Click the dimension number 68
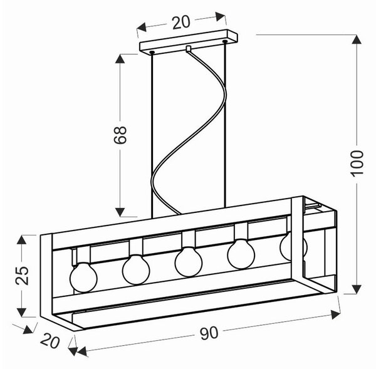(120, 135)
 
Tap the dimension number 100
(357, 164)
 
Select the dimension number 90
(209, 333)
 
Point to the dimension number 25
(22, 276)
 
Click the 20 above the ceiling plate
(181, 23)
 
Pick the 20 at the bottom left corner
(50, 341)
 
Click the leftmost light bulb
(83, 278)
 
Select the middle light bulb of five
(189, 262)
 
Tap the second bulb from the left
(136, 269)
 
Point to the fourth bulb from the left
(241, 254)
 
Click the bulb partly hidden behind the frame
(293, 246)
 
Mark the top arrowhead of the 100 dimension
(357, 39)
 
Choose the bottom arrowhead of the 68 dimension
(120, 212)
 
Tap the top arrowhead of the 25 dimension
(21, 239)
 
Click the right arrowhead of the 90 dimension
(335, 314)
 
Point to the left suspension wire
(152, 135)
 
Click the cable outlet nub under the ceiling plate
(189, 48)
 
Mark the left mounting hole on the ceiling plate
(152, 52)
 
